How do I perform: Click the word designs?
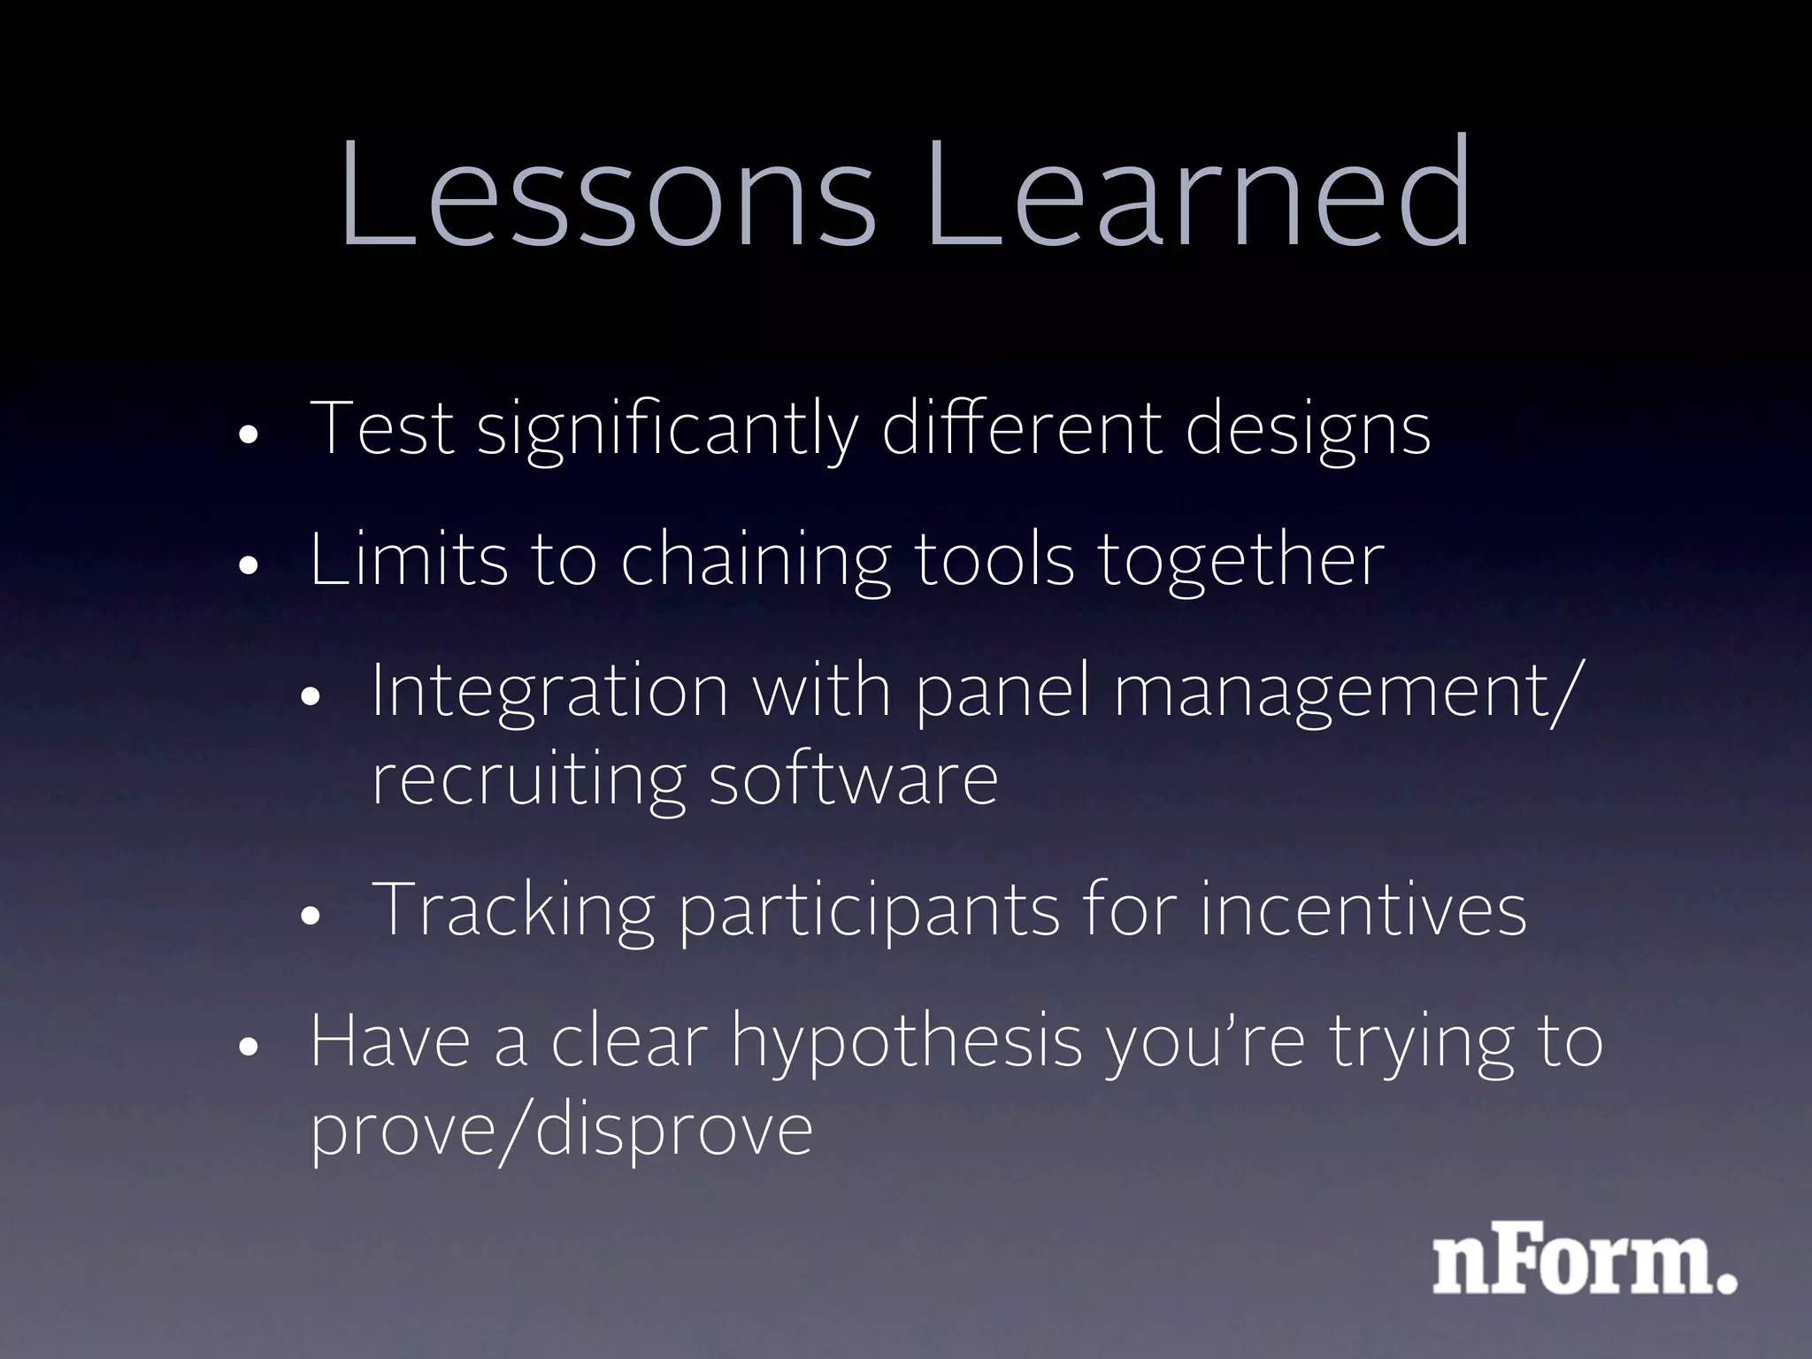[x=1307, y=432]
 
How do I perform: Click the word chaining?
[x=755, y=562]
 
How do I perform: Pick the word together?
[x=1240, y=562]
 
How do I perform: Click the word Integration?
[x=549, y=692]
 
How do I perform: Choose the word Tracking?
[x=513, y=911]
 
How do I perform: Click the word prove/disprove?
[x=561, y=1132]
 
